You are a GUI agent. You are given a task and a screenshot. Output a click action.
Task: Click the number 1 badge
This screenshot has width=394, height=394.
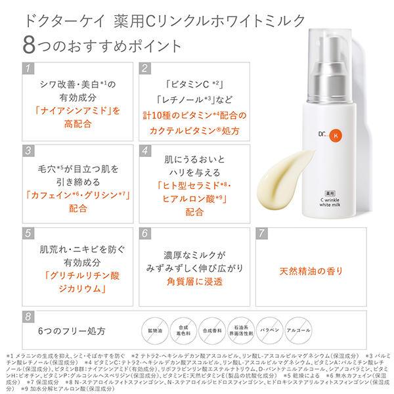pyautogui.click(x=28, y=68)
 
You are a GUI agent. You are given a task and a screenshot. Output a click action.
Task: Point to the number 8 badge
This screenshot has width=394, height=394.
pyautogui.click(x=28, y=317)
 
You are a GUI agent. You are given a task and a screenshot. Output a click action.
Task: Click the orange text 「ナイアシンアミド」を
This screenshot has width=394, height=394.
pyautogui.click(x=78, y=110)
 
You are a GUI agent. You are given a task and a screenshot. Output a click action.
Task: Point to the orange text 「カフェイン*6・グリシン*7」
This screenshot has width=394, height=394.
pyautogui.click(x=78, y=195)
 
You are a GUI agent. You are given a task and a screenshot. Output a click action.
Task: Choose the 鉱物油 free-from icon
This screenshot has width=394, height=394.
pyautogui.click(x=152, y=330)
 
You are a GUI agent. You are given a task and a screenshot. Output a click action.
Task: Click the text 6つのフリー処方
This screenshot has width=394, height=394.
pyautogui.click(x=72, y=330)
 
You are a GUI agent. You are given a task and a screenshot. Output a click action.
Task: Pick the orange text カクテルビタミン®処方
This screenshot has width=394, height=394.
pyautogui.click(x=196, y=131)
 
